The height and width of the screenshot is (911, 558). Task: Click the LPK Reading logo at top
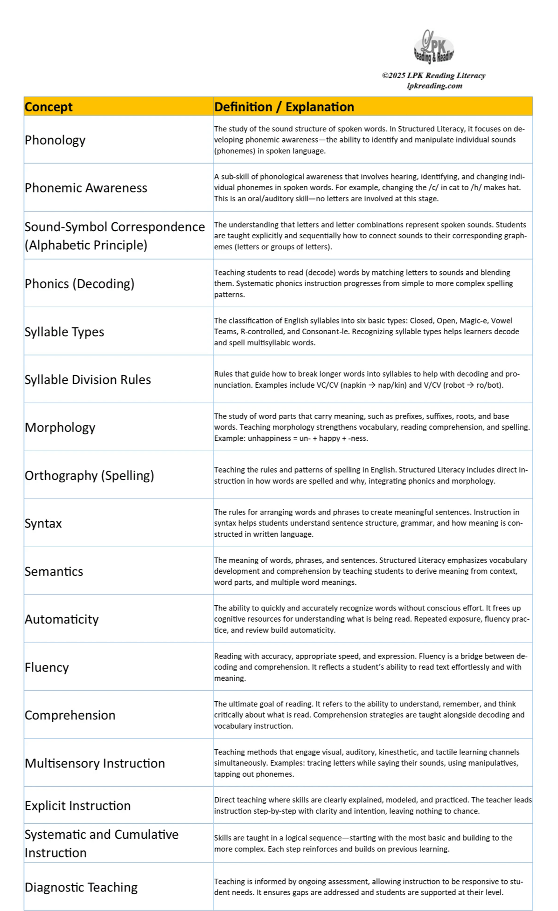point(433,47)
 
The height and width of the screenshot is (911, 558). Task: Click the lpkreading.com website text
point(434,86)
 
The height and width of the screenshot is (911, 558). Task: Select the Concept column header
point(49,107)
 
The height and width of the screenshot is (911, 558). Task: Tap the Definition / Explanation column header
point(284,107)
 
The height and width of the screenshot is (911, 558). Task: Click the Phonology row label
point(55,140)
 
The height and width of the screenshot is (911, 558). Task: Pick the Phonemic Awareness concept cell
point(86,188)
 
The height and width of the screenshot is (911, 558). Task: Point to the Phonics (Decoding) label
point(79,284)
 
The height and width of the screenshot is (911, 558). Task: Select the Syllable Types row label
point(64,332)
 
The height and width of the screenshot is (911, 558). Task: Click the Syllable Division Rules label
point(88,380)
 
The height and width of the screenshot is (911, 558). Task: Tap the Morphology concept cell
point(60,428)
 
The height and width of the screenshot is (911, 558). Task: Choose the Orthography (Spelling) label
point(89,475)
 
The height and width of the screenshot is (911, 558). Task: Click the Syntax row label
point(43,523)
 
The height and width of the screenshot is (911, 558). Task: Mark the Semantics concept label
point(54,571)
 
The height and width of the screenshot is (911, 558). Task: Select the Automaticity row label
point(62,619)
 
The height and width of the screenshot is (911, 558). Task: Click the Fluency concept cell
point(47,667)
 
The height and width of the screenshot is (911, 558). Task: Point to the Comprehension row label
point(70,715)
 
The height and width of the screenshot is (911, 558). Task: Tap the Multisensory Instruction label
point(95,763)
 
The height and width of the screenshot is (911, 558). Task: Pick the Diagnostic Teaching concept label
point(81,887)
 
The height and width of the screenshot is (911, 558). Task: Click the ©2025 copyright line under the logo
point(433,75)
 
